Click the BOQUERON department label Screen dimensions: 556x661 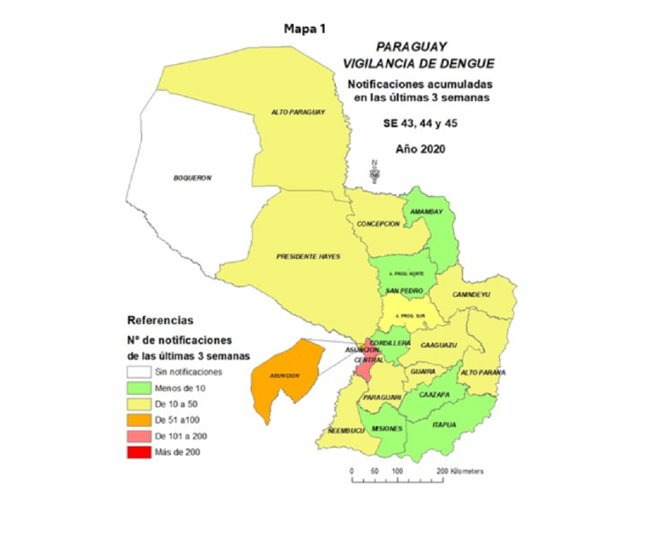pyautogui.click(x=193, y=178)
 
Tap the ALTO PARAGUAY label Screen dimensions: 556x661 pyautogui.click(x=298, y=112)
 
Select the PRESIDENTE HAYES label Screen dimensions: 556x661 pyautogui.click(x=308, y=256)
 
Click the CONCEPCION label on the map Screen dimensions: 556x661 pyautogui.click(x=378, y=224)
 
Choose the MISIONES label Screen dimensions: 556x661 pyautogui.click(x=387, y=428)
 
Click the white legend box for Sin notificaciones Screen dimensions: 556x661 pyautogui.click(x=139, y=372)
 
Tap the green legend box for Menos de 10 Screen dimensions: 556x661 pyautogui.click(x=139, y=388)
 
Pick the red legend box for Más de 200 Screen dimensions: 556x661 pyautogui.click(x=139, y=452)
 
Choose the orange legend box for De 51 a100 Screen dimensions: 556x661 pyautogui.click(x=139, y=420)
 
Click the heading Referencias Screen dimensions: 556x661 pyautogui.click(x=159, y=320)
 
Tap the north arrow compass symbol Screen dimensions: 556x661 pyautogui.click(x=374, y=172)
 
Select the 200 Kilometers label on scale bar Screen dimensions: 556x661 pyautogui.click(x=462, y=471)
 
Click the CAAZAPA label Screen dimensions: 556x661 pyautogui.click(x=433, y=394)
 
